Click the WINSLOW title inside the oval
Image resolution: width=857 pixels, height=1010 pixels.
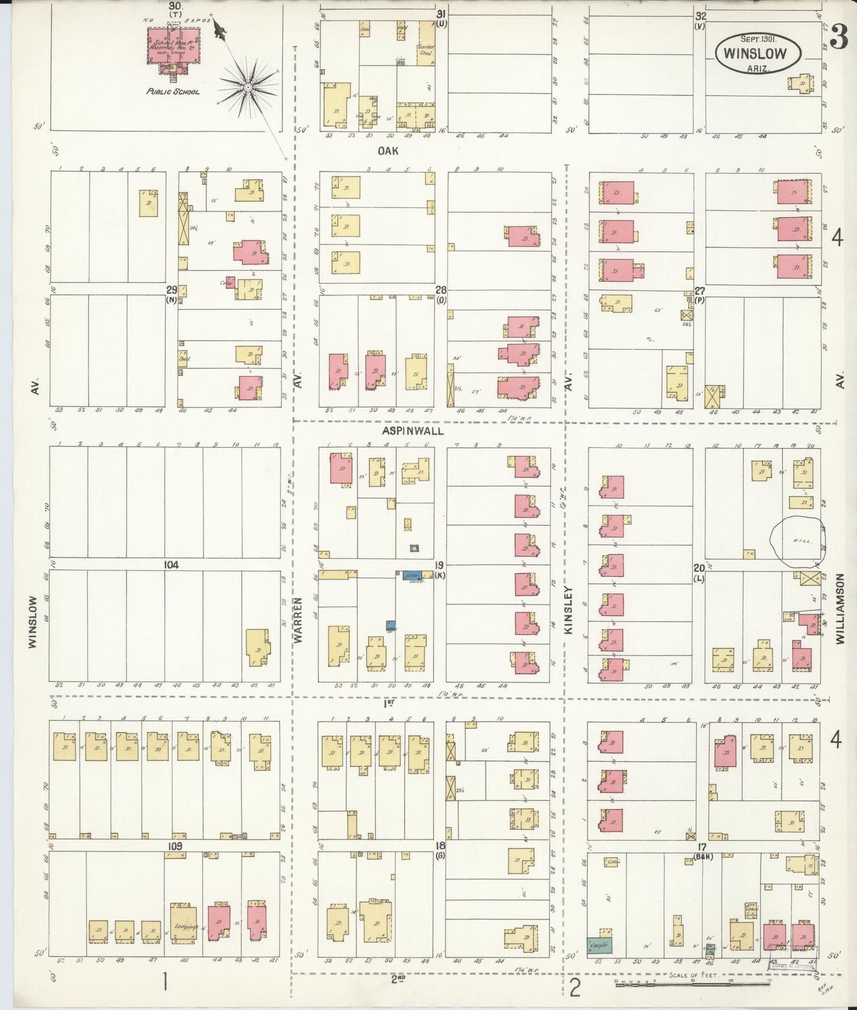[758, 53]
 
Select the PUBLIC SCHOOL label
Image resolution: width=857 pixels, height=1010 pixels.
[173, 92]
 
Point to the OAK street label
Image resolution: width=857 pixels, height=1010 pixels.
[388, 151]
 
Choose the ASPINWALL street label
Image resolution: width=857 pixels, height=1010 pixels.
[413, 431]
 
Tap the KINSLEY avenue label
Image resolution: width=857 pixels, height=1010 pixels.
[568, 611]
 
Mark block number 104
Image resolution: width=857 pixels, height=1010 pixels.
[171, 565]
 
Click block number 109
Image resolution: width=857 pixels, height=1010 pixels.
[174, 846]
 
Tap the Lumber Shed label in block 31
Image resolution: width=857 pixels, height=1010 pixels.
[426, 50]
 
